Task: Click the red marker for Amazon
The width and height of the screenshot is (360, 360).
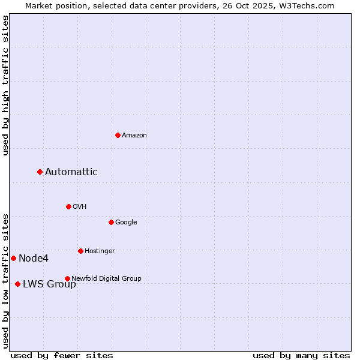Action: tap(118, 135)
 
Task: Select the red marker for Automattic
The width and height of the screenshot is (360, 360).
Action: tap(40, 172)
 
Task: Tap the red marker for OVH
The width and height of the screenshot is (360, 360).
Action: tap(68, 206)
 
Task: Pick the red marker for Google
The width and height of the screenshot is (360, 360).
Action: tap(111, 222)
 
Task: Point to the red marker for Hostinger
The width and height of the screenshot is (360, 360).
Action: tap(80, 251)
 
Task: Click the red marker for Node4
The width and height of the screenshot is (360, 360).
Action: tap(13, 258)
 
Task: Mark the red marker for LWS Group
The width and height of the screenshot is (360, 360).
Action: tap(17, 284)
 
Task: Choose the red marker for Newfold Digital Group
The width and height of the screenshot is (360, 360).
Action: tap(67, 278)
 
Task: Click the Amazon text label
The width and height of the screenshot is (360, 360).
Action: tap(134, 135)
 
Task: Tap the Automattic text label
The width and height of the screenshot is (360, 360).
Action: tap(71, 172)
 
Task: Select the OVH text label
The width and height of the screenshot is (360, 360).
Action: tap(80, 206)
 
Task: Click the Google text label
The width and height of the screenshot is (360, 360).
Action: tap(126, 222)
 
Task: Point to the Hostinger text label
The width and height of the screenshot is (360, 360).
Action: tap(100, 251)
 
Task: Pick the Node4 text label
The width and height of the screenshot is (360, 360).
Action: tap(34, 258)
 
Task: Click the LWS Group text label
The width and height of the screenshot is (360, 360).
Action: tap(49, 284)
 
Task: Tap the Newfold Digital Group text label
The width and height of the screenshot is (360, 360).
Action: tap(106, 278)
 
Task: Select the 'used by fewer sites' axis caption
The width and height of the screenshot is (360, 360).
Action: tap(62, 355)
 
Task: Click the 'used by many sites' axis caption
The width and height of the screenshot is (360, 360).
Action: tap(301, 355)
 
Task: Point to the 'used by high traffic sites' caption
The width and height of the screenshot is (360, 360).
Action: tap(5, 85)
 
